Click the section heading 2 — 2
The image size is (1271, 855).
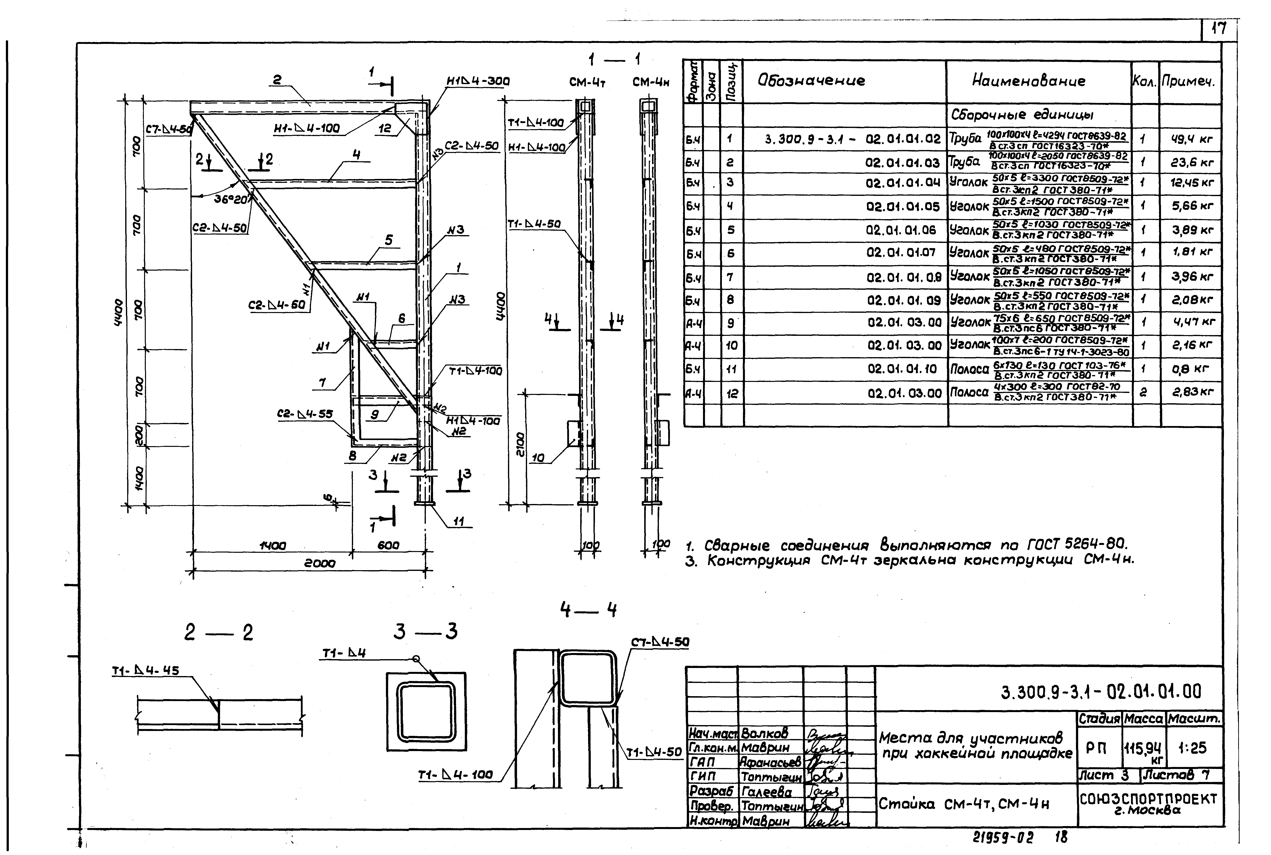click(x=219, y=632)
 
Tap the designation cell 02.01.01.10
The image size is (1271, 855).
click(x=904, y=369)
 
